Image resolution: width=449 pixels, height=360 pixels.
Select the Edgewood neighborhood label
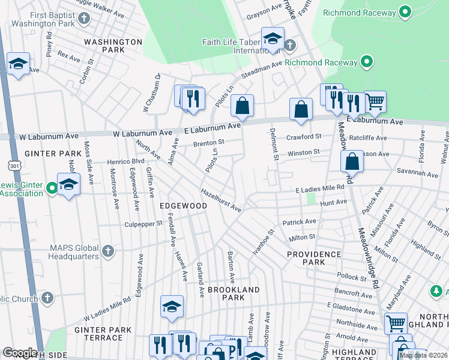pos(183,206)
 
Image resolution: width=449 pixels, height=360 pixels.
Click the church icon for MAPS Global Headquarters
pos(108,250)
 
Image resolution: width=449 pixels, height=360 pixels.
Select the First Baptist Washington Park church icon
pos(84,17)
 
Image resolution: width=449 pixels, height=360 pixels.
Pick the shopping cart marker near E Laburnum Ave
pos(375,102)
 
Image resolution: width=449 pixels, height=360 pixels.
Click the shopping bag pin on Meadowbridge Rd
pos(352,161)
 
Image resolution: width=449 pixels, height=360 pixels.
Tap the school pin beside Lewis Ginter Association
pos(68,184)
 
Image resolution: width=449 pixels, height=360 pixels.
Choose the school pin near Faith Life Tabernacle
pos(272,38)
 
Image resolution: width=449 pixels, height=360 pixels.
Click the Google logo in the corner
pos(20,353)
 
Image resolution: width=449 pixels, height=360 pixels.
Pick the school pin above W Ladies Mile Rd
pos(172,306)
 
